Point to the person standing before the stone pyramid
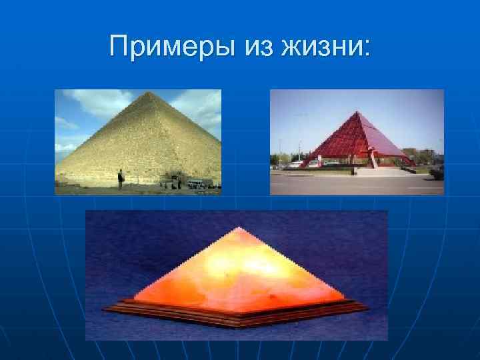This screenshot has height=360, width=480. click(x=120, y=179)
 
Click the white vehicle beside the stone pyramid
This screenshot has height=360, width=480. click(x=197, y=183)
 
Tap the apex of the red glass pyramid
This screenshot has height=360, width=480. click(x=359, y=112)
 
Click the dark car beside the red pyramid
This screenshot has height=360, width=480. click(x=437, y=171)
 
